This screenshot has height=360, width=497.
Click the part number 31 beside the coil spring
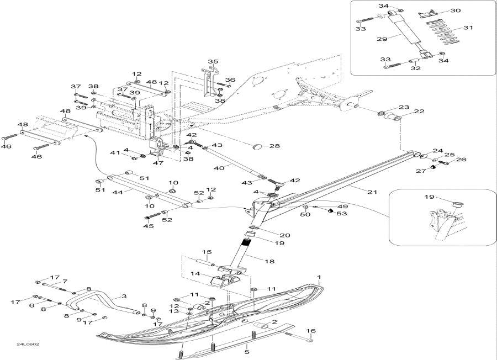point(468,28)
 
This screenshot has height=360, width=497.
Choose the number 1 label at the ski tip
point(319,276)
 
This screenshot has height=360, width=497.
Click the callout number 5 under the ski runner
point(246,348)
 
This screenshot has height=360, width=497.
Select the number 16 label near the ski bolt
point(311,331)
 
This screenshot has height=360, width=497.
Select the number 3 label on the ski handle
point(124,297)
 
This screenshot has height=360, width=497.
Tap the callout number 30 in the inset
point(455,10)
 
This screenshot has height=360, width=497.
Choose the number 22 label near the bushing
point(419,112)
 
